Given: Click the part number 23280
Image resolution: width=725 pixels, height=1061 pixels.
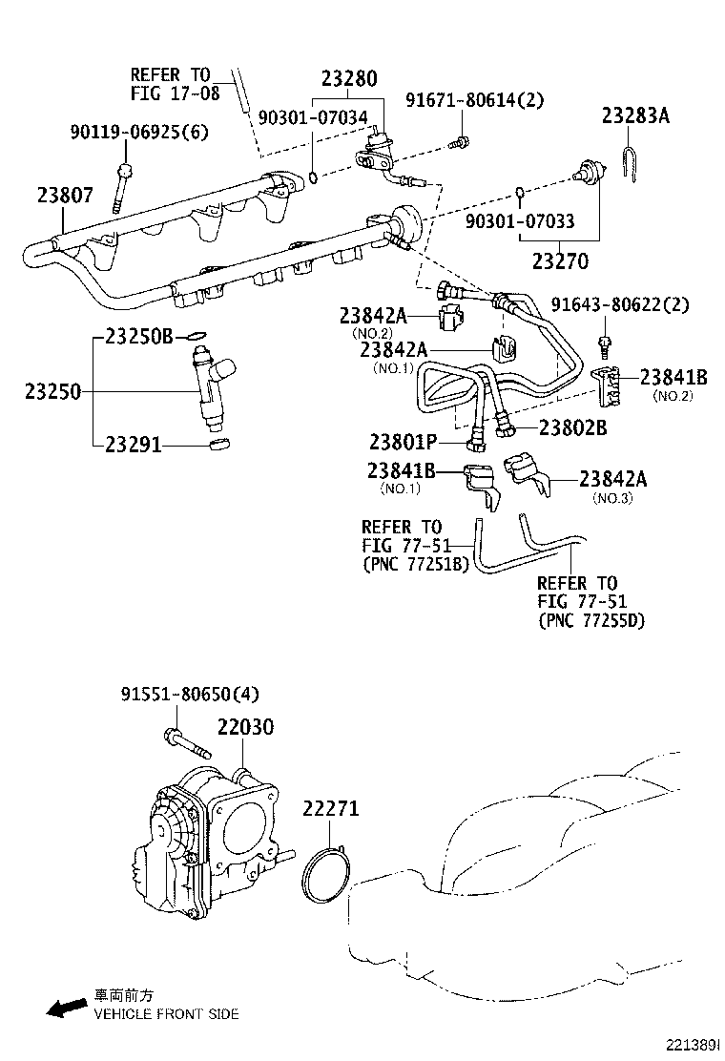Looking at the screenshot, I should point(348,79).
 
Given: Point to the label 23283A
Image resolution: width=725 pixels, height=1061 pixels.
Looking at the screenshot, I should point(635,116).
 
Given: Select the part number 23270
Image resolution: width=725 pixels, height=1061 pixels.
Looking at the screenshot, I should point(560,260).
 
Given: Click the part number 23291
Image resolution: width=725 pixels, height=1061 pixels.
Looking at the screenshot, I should point(134,445).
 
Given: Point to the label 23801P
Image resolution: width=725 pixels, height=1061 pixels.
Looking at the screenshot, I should point(403,442).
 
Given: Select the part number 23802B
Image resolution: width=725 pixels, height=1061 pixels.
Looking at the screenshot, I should point(572,427).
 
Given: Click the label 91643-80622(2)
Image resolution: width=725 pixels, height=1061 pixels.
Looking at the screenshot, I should point(620,305).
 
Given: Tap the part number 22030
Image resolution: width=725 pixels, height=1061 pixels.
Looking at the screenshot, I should point(245,727).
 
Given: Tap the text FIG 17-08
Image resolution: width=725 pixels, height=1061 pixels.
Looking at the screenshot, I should point(175,94).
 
